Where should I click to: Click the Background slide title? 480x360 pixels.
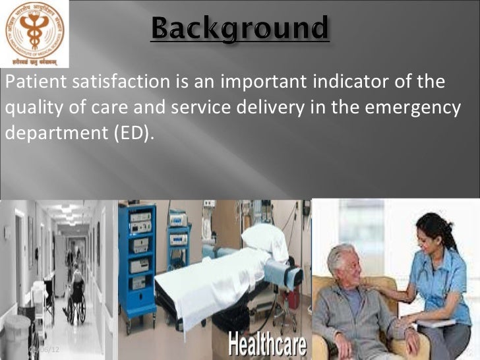tap(240, 30)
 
